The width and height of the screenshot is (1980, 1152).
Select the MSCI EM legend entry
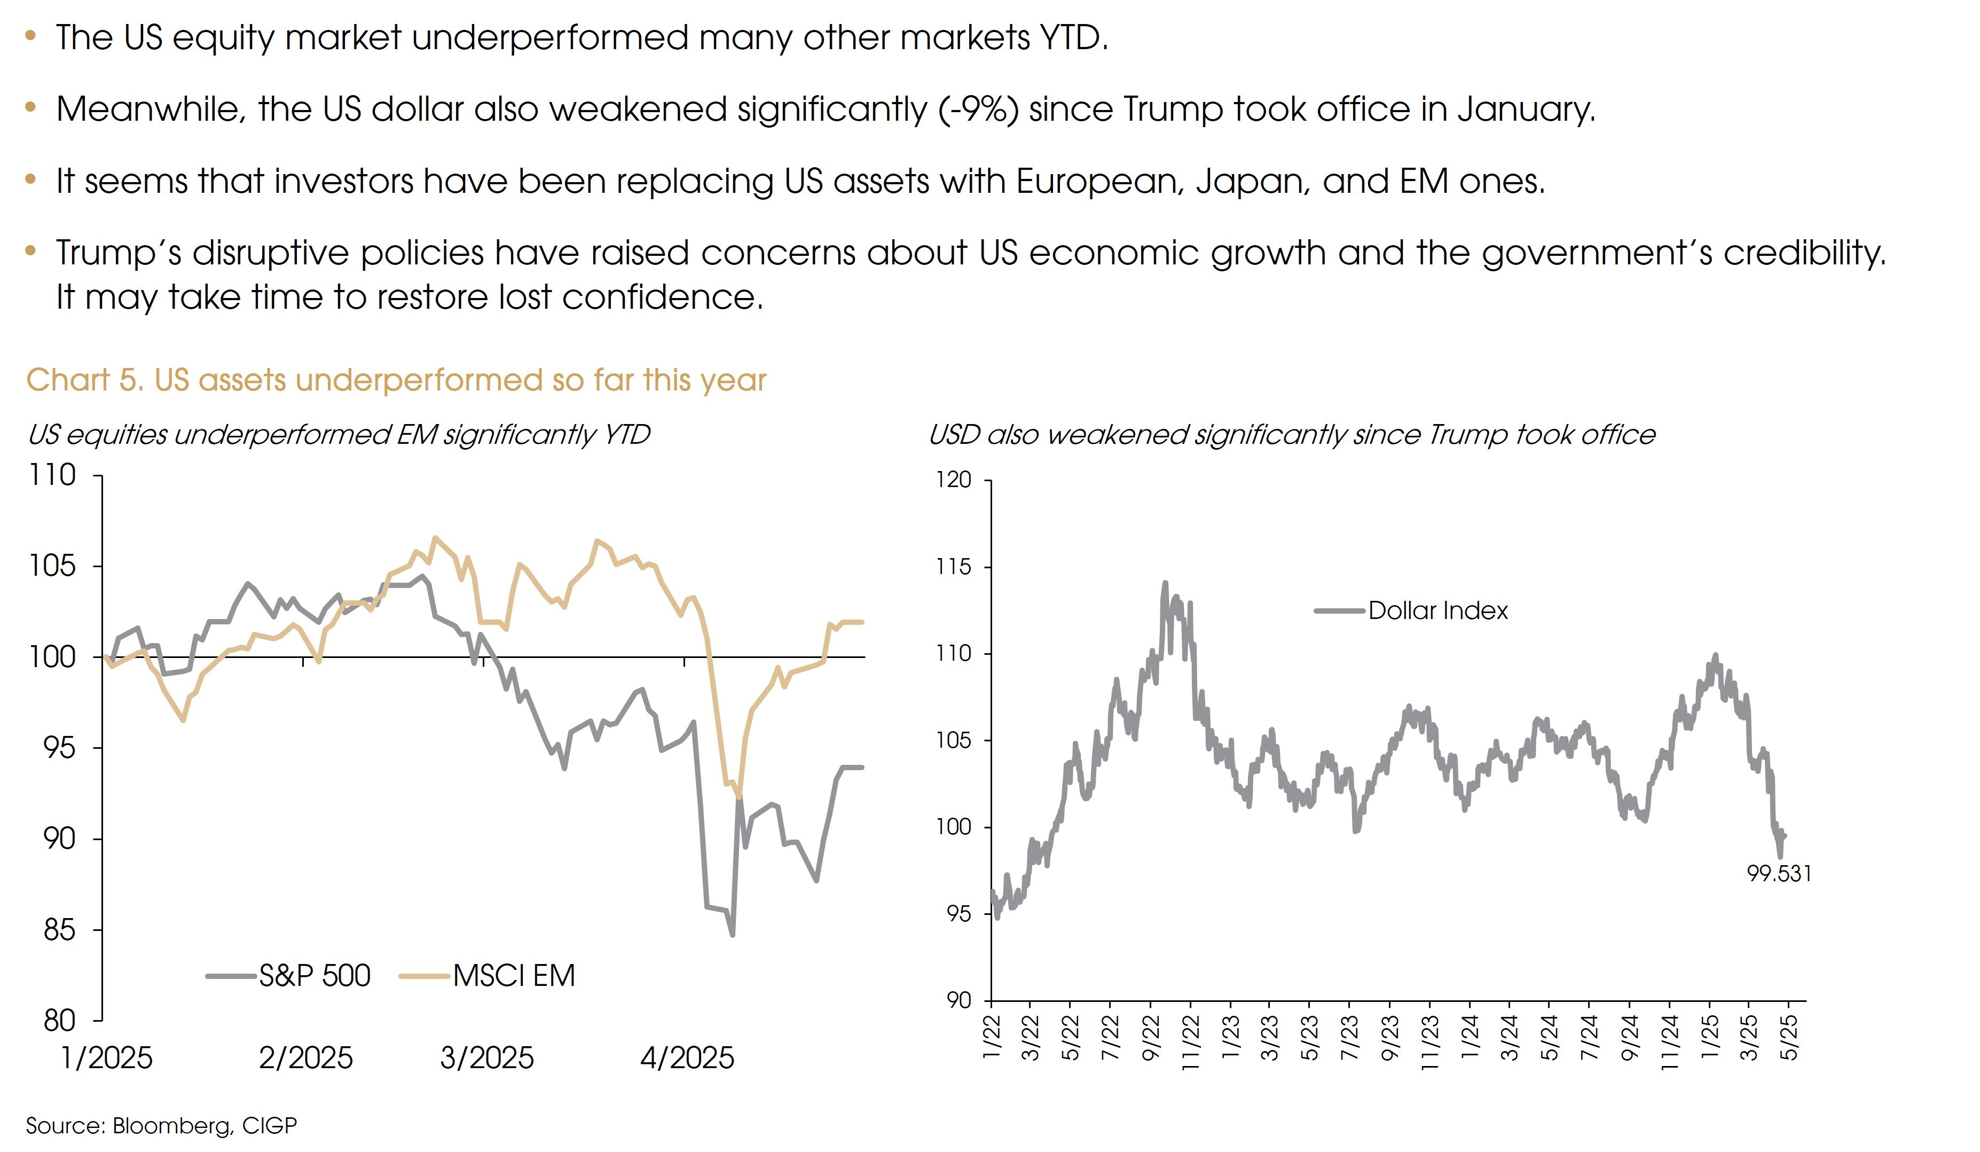514,976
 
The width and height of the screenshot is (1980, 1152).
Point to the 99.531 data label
1779,874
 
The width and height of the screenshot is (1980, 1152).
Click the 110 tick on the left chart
53,475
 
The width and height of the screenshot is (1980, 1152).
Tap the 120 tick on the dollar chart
953,480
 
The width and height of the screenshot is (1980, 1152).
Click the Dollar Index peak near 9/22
1165,583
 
